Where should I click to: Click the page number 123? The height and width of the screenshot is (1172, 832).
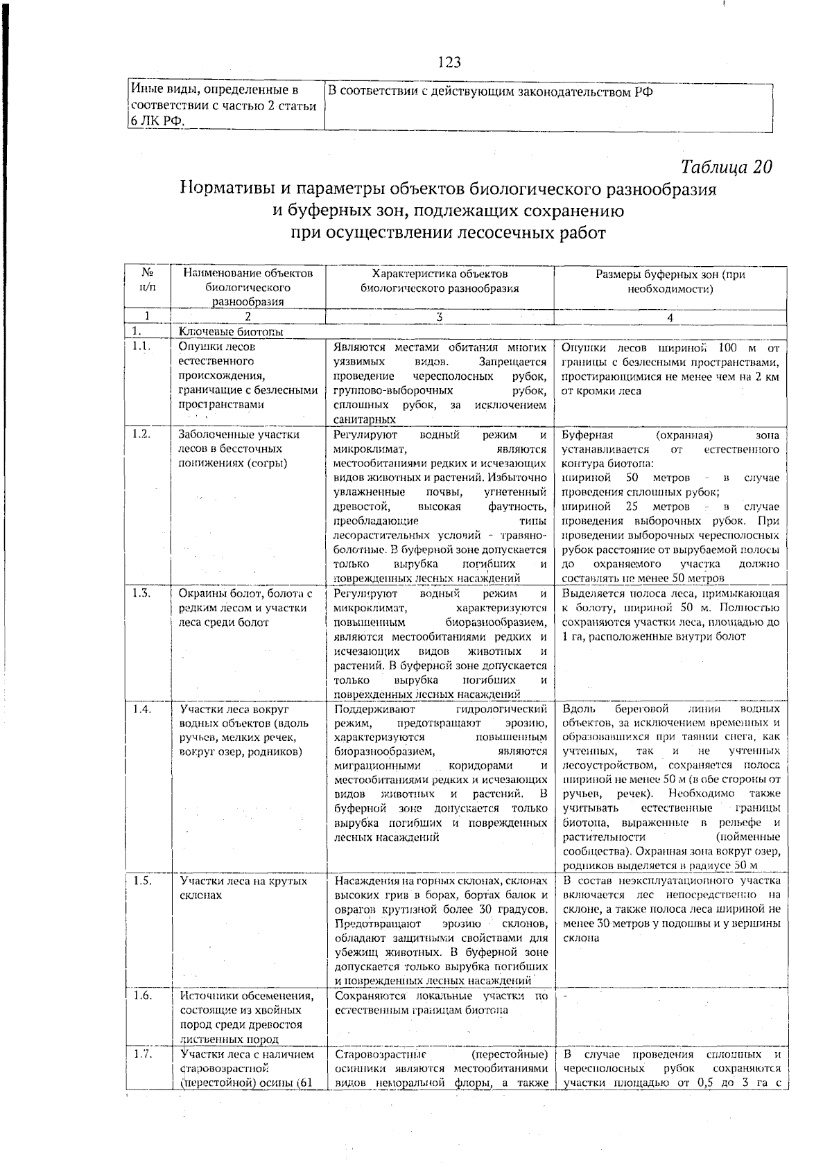coord(449,63)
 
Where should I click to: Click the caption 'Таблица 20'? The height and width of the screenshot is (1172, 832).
coord(726,168)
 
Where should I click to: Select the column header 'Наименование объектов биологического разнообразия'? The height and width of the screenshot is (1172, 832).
coord(248,287)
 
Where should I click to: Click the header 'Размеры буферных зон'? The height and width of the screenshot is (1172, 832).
coord(670,281)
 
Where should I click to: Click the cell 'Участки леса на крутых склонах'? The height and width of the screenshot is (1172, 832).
coord(243,888)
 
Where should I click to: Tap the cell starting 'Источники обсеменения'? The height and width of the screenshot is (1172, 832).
coord(247,1017)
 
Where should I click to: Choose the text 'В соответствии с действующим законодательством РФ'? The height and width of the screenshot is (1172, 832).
coord(490,92)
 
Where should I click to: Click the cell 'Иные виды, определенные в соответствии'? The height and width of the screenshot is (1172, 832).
coord(223,106)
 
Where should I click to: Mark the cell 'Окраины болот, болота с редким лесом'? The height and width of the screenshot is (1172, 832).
coord(245,607)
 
